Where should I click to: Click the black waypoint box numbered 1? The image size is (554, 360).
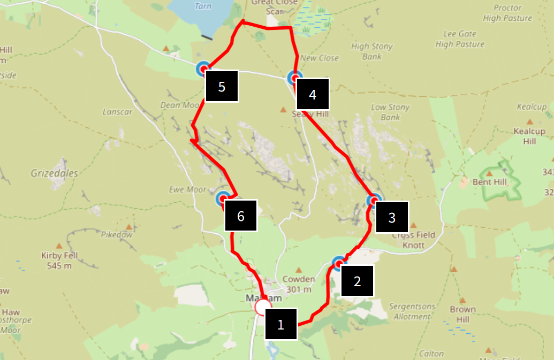280,324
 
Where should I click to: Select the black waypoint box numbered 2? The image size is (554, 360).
357,280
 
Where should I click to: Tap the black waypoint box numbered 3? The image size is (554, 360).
392,217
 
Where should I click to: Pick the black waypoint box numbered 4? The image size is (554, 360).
313,95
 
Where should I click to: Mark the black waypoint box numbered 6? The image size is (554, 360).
240,216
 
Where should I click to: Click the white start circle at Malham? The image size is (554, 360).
263,307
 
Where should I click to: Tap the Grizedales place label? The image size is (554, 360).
54,173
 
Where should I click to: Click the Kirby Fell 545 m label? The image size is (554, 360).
59,261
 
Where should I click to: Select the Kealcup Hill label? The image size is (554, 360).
529,136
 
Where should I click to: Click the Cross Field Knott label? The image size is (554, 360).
413,240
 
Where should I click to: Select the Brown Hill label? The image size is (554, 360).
462,314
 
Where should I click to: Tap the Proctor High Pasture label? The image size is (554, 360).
507,13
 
